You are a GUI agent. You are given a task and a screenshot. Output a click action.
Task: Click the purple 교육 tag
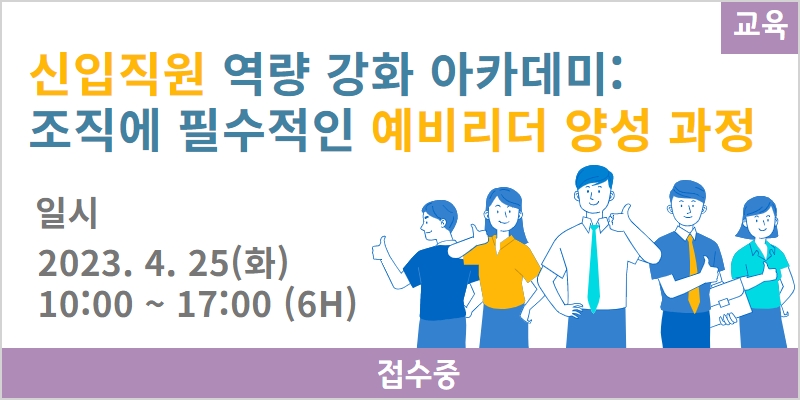(760, 28)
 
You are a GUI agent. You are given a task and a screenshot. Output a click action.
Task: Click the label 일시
(67, 214)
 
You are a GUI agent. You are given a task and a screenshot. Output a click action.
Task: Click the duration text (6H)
(319, 305)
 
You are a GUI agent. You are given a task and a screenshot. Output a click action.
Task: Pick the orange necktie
(693, 273)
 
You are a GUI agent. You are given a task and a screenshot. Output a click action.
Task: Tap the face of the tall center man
(594, 193)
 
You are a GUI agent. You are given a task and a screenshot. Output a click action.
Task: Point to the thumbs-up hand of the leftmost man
(381, 250)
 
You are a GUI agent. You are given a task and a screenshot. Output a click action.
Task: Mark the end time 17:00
(223, 305)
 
